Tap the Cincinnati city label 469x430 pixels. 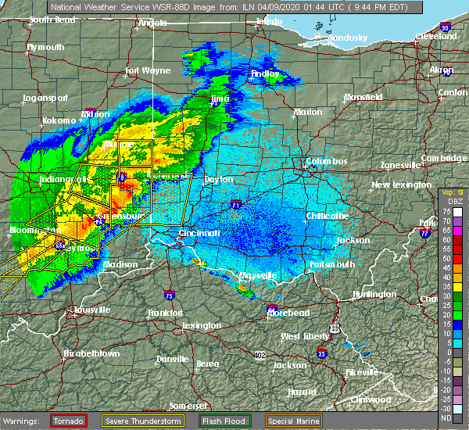[x=199, y=232]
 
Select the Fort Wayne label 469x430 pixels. [x=148, y=70]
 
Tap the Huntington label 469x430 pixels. [x=374, y=294]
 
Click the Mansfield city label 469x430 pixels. [x=363, y=97]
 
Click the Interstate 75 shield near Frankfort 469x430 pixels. [x=170, y=295]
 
